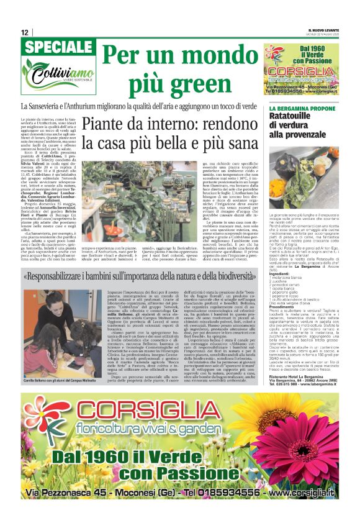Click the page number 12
(x=25, y=32)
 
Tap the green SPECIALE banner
(x=59, y=47)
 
